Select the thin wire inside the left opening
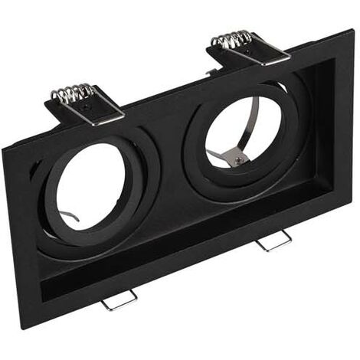[70, 218]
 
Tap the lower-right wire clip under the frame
[274, 241]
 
